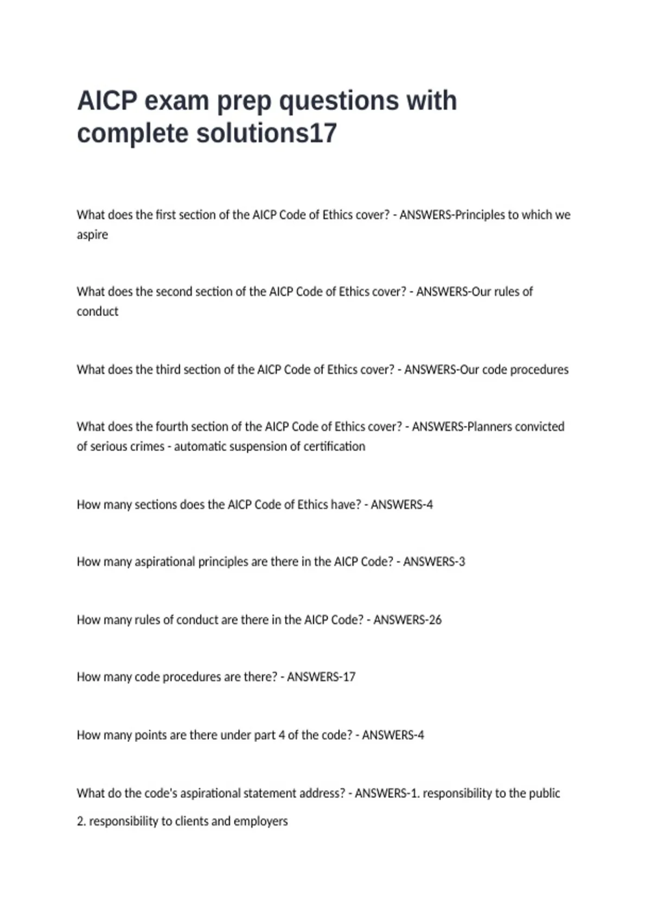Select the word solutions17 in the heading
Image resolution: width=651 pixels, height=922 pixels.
click(266, 133)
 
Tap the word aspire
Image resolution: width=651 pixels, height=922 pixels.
click(92, 235)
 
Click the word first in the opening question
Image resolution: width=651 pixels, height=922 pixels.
click(165, 215)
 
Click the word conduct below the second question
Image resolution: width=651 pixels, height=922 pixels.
click(97, 312)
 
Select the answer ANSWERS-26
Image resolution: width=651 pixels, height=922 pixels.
click(407, 620)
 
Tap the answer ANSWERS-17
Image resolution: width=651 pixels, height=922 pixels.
click(321, 677)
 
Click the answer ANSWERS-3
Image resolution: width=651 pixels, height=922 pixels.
click(434, 562)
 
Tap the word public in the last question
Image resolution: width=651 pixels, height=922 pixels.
click(544, 793)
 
